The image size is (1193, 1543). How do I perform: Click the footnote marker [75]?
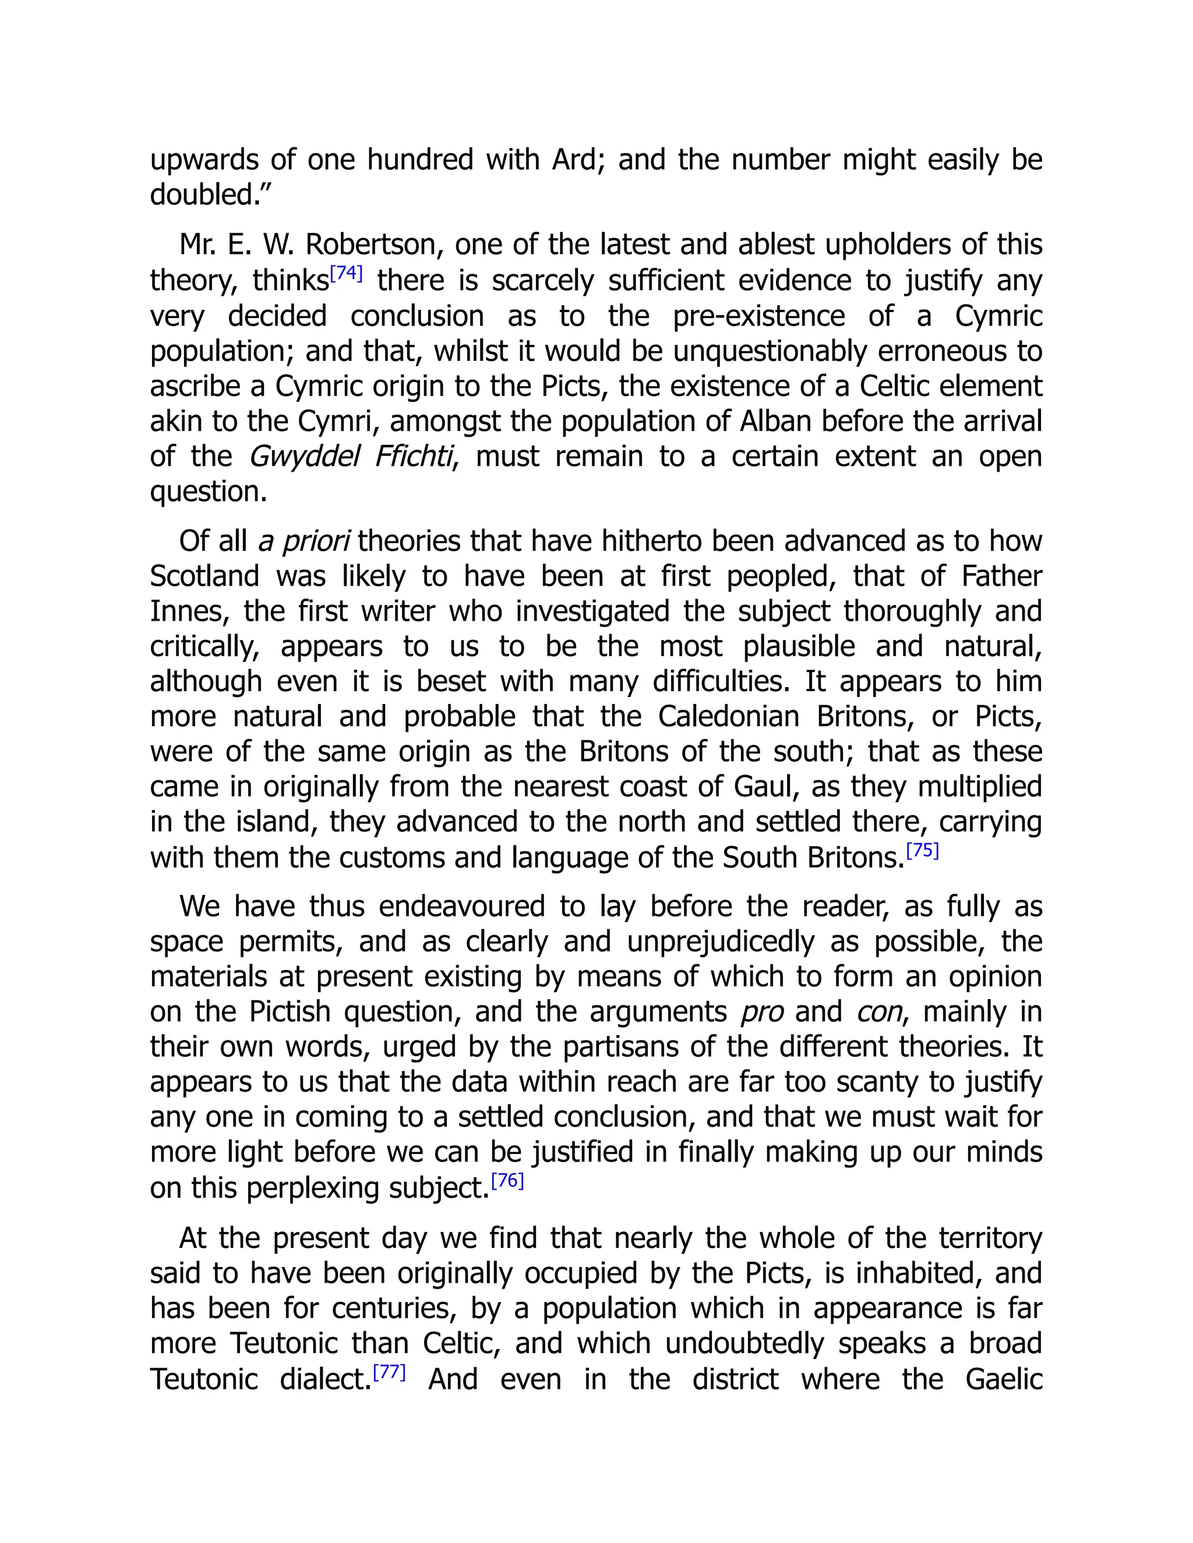[x=922, y=850]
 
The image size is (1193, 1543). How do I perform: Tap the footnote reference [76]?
[x=507, y=1181]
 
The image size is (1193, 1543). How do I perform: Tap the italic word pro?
[x=762, y=1013]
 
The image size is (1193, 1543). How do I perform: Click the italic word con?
[x=878, y=1013]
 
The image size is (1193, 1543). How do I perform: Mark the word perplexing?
[x=315, y=1188]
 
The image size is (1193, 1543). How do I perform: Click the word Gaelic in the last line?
[x=1004, y=1379]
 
